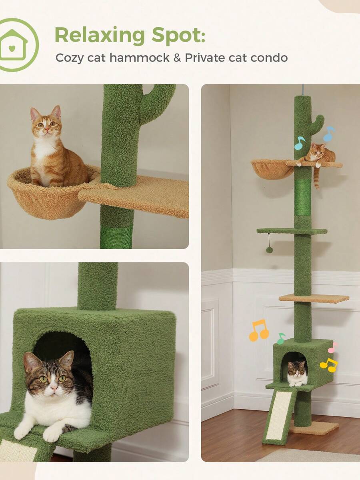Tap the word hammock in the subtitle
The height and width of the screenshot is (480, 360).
(140, 58)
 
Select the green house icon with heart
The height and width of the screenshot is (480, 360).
(14, 45)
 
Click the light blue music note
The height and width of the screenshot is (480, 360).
(329, 133)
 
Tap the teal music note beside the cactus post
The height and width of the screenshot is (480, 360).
(300, 143)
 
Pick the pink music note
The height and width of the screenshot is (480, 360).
(333, 348)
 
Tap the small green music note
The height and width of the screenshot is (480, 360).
(281, 338)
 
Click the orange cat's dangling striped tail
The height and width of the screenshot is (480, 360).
(316, 178)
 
